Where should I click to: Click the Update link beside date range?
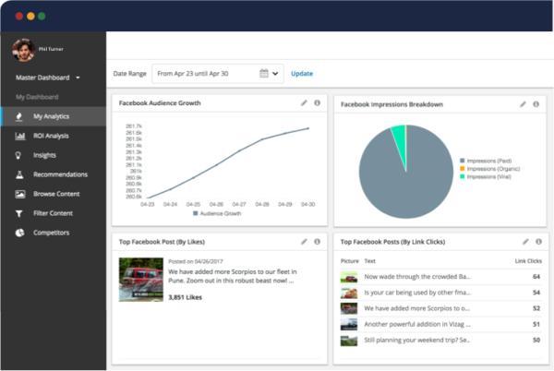tap(302, 73)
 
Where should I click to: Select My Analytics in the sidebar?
tap(51, 116)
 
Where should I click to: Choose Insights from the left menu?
tap(44, 155)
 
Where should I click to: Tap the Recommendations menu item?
tap(60, 174)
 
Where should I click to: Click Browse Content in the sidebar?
tap(56, 194)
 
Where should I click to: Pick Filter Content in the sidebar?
tap(54, 213)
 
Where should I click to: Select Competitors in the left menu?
tap(52, 233)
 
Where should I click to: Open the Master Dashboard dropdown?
tap(48, 78)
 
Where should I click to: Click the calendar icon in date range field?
tap(264, 73)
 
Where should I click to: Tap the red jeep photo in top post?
tap(140, 279)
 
